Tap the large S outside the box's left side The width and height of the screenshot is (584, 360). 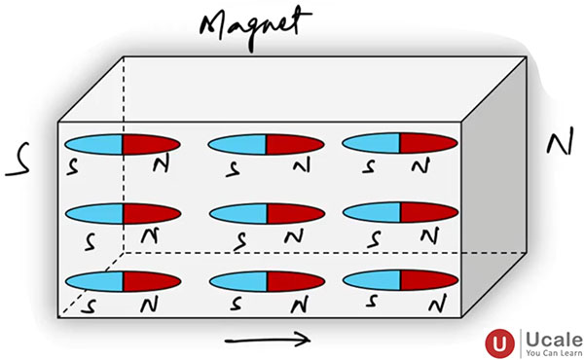click(17, 164)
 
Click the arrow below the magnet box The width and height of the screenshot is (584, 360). click(268, 340)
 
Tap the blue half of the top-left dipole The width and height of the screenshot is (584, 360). click(91, 145)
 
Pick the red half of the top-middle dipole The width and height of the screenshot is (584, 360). click(294, 145)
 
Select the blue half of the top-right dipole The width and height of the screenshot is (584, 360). click(371, 143)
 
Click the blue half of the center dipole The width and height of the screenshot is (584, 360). click(238, 212)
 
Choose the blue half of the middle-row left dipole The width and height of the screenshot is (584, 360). click(92, 212)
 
